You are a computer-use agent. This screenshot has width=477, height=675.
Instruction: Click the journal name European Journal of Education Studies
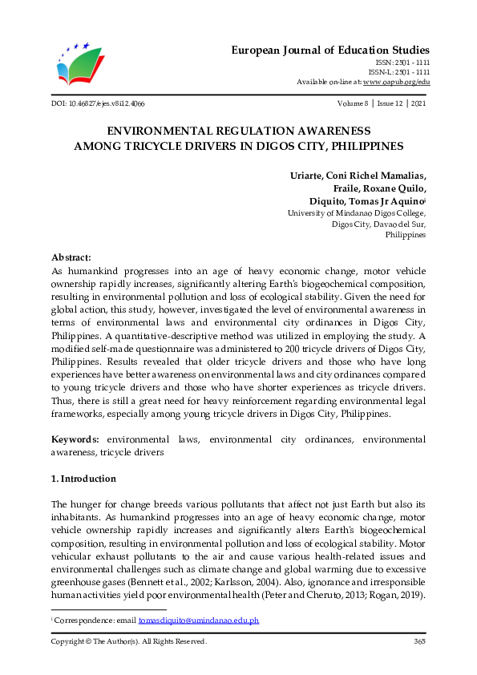tap(330, 50)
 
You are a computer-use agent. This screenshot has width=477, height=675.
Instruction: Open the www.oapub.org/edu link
tap(396, 82)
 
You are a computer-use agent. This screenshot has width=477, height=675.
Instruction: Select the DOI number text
tap(98, 104)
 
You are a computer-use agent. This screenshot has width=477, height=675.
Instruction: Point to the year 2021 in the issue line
tap(417, 104)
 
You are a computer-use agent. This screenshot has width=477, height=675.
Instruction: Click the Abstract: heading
tap(72, 257)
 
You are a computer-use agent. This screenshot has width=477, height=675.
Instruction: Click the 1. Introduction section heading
tap(83, 479)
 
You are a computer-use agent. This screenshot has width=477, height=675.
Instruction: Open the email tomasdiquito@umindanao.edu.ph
tap(199, 621)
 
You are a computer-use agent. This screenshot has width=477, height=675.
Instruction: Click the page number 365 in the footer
tap(418, 641)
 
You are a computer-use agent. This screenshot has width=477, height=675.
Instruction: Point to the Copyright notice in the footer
tap(128, 641)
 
